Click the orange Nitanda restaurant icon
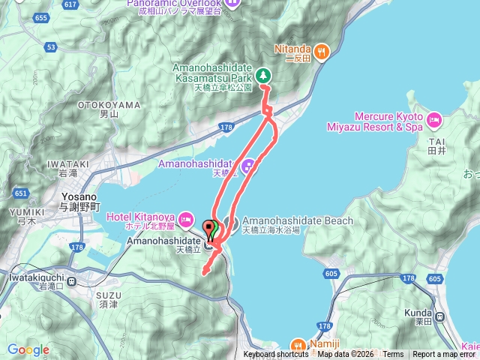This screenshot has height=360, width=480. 321,51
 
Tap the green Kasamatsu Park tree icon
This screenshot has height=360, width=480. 263,74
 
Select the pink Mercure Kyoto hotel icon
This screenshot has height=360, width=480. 434,121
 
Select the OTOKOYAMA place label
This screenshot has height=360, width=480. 109,105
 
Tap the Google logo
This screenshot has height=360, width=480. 28,349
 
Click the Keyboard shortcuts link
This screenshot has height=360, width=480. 275,355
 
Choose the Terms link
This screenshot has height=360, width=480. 393,355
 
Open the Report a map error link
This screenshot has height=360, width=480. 444,355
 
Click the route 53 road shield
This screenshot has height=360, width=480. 50,47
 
